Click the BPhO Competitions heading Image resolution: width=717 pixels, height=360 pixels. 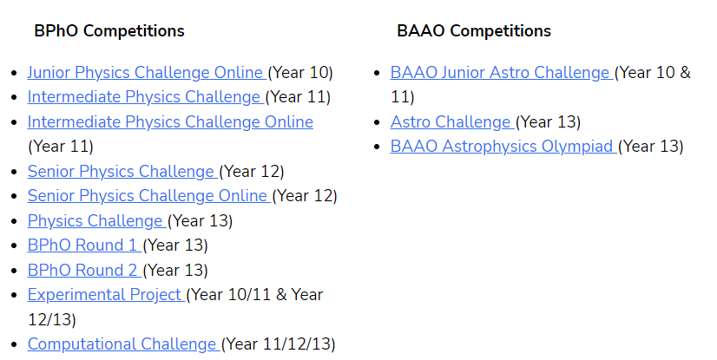(109, 31)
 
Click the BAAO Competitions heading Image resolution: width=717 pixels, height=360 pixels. (474, 31)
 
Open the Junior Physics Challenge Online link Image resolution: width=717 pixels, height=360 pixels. (146, 72)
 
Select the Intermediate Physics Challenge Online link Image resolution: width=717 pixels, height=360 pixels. (170, 121)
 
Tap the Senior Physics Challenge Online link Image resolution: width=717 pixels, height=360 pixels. (148, 195)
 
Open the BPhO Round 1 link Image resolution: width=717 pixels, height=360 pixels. (83, 245)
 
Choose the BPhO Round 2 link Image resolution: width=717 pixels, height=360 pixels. (83, 270)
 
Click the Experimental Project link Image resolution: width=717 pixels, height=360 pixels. (105, 294)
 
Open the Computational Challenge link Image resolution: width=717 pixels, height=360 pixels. (122, 344)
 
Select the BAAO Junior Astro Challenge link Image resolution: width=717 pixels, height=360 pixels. (501, 72)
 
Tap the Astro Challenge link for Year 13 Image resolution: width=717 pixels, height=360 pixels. (451, 121)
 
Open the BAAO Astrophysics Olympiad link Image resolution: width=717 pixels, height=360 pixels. (503, 146)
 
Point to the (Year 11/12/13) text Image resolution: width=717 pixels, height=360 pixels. (279, 344)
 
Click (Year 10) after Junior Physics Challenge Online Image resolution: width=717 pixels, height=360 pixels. (300, 72)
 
